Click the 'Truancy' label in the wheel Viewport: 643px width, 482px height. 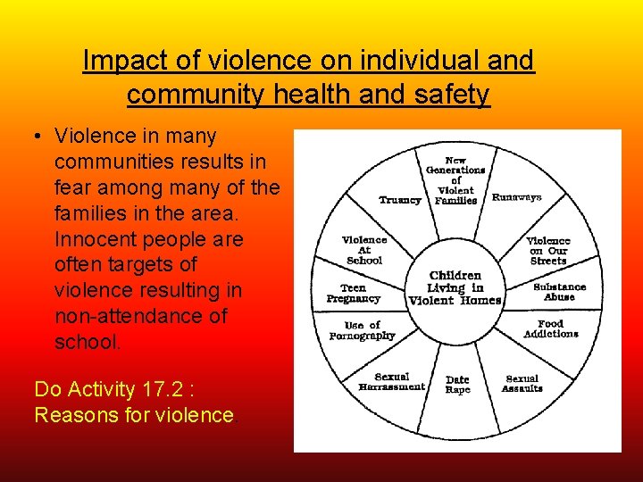pos(399,200)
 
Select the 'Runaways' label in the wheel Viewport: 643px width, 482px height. pos(516,197)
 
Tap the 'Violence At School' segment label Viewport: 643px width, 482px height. pos(364,250)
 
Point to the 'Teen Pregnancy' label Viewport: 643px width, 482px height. pos(354,294)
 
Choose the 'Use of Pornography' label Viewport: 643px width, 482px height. pos(362,330)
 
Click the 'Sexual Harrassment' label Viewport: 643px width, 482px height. pos(391,382)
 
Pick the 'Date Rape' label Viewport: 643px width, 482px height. pos(457,385)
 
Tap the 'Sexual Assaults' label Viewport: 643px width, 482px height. pos(522,384)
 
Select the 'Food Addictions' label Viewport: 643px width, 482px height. pos(551,328)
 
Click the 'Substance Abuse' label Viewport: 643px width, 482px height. pos(559,292)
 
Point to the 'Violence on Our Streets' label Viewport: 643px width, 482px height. pos(548,251)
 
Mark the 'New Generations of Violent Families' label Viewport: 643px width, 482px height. pos(455,181)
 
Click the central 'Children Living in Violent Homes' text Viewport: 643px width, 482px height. pos(455,287)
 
